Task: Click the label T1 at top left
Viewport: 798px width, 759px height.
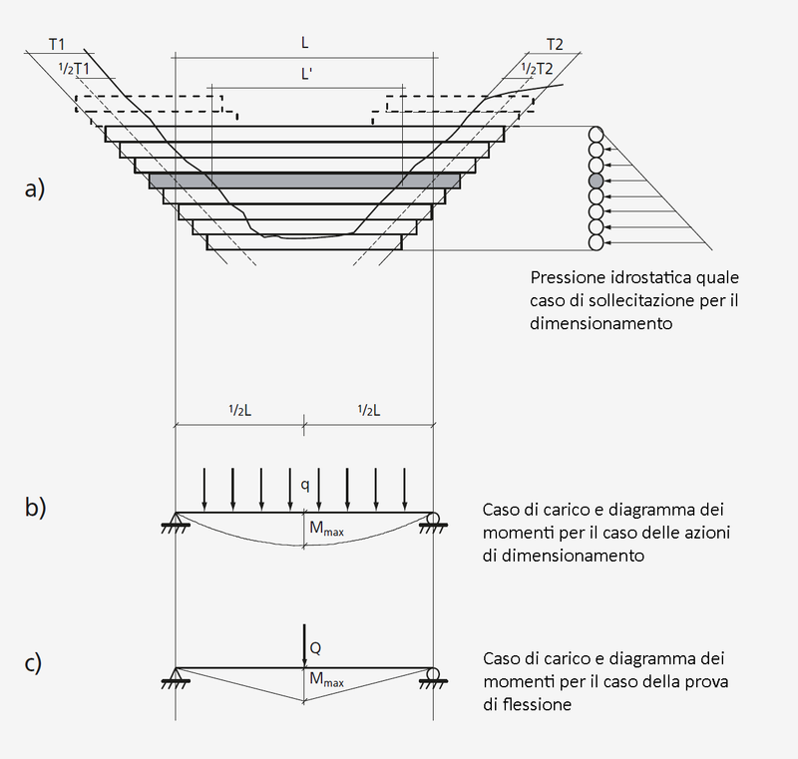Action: [x=56, y=45]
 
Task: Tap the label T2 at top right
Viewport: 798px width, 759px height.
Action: [x=555, y=45]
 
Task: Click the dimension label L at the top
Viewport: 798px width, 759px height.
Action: [x=304, y=45]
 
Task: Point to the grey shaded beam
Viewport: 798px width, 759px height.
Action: [x=304, y=181]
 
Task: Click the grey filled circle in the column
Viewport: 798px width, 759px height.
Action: [x=597, y=181]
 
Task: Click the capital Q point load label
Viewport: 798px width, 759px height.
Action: [x=315, y=648]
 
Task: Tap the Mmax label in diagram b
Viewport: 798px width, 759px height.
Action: [x=326, y=530]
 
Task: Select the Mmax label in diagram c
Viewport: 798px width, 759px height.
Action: [x=326, y=681]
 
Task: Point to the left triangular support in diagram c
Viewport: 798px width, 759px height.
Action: [x=176, y=676]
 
